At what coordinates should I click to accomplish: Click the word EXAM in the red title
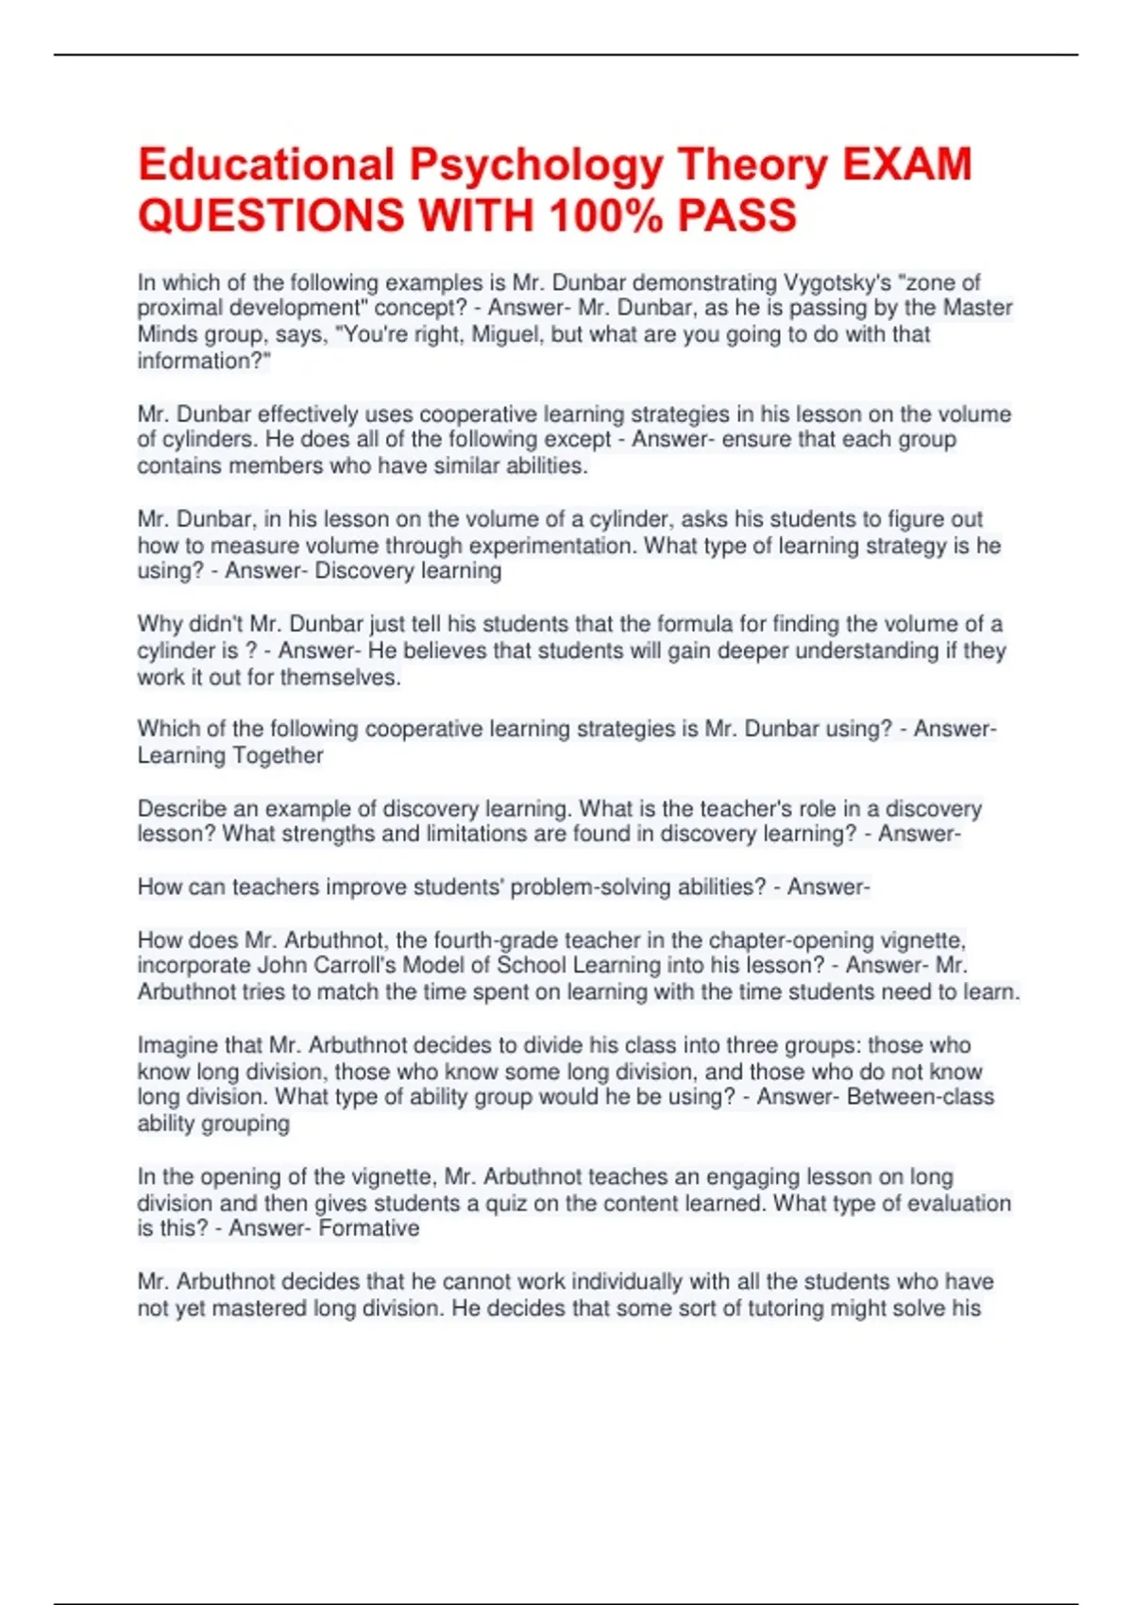(906, 165)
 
